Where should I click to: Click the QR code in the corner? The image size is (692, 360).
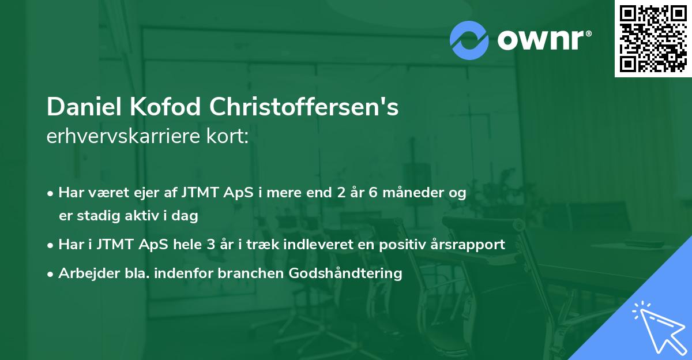(653, 39)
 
